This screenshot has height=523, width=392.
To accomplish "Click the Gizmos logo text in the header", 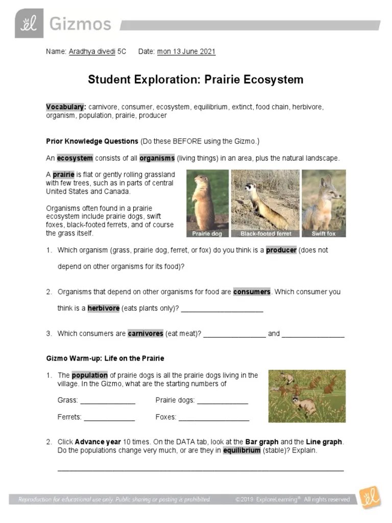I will (80, 24).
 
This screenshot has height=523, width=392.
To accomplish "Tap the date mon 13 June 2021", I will (186, 52).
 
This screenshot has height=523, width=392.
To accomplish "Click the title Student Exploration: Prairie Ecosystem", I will (195, 80).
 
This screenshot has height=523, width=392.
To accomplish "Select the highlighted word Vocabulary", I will (66, 107).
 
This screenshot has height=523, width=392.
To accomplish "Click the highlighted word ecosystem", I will (75, 158).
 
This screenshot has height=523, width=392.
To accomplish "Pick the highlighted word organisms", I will (157, 158).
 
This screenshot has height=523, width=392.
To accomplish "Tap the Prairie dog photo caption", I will (207, 234).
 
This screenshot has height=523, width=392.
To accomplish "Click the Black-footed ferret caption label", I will (265, 234).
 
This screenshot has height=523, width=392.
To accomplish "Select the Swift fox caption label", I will (324, 234).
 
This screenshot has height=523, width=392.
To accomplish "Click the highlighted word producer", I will (281, 250).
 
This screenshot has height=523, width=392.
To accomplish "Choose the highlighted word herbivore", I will (104, 308).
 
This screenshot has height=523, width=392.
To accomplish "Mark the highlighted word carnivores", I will (145, 334).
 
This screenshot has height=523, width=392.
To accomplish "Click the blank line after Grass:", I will (108, 401).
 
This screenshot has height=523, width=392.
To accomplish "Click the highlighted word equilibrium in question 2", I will (242, 451).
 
